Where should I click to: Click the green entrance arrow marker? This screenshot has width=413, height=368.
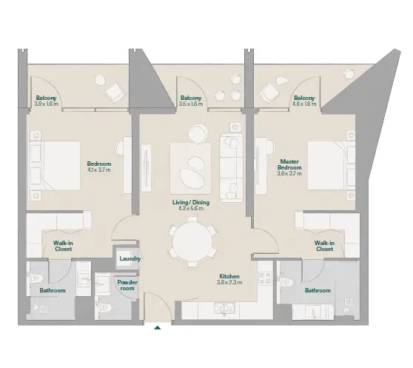click(157, 328)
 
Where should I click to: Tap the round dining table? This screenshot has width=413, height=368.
click(192, 241)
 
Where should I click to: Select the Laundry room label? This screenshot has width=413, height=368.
click(130, 258)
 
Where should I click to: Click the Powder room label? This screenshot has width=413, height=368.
click(127, 285)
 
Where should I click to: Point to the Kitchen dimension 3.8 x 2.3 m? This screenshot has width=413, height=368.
click(229, 283)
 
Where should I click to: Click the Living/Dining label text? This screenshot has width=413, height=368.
click(191, 202)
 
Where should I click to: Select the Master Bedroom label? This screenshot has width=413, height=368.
click(289, 164)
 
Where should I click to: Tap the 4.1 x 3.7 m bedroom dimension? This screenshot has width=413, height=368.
click(99, 170)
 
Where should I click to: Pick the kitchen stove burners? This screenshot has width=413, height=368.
click(265, 278)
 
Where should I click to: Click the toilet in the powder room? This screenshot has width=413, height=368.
click(106, 307)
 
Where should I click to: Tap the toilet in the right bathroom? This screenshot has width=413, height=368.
click(286, 283)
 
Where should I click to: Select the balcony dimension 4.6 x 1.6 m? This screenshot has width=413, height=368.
click(304, 104)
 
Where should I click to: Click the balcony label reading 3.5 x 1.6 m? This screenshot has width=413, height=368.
click(191, 104)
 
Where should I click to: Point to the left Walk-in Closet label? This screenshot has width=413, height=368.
click(63, 246)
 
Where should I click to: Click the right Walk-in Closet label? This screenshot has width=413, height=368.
click(324, 246)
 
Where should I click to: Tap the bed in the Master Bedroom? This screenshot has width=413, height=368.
click(332, 165)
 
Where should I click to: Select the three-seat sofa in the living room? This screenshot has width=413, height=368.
click(231, 167)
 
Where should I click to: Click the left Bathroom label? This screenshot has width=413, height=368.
click(53, 290)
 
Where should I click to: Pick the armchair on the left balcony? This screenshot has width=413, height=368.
click(114, 90)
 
